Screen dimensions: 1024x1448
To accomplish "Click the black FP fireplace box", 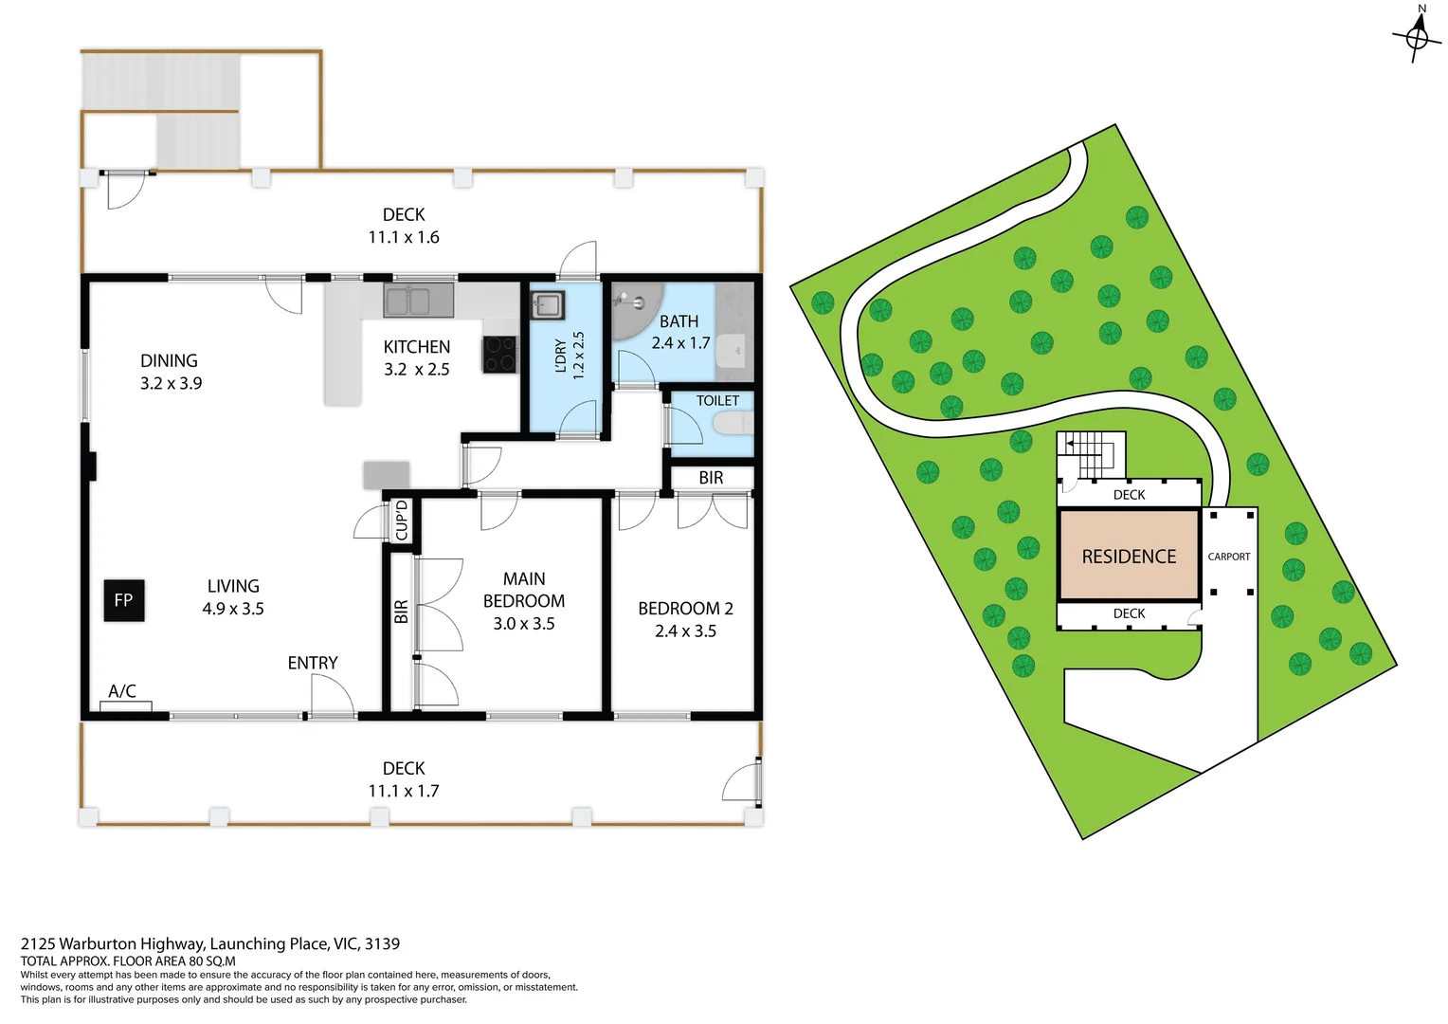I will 124,600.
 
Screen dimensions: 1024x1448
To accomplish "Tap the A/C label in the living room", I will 122,691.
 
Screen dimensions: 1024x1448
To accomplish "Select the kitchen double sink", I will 418,302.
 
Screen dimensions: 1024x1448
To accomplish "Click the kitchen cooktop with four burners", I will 499,355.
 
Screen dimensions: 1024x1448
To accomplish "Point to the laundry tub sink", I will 547,305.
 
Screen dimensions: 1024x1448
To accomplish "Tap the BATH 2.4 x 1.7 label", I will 680,332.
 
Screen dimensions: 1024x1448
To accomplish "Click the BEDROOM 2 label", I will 685,619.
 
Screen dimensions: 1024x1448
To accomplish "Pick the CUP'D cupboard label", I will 402,521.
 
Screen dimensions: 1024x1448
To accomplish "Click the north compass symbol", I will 1417,36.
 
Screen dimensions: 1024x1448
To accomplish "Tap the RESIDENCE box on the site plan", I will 1129,557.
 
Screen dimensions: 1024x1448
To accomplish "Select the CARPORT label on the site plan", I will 1229,557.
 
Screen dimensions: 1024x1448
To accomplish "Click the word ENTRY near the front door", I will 313,663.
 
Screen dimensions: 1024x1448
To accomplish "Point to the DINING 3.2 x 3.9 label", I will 171,372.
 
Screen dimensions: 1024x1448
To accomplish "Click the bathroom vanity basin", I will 735,352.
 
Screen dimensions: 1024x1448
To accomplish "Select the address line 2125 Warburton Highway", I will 210,943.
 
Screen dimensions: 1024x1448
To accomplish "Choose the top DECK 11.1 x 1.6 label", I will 404,226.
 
